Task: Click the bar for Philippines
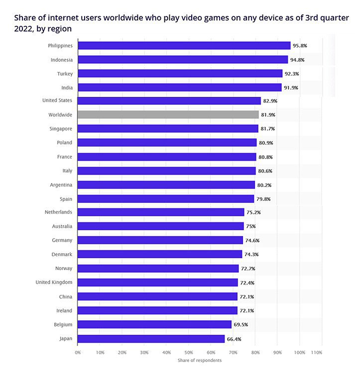[184, 46]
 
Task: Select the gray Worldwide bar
[168, 115]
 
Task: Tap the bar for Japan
[151, 339]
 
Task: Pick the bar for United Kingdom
[158, 282]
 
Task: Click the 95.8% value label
[300, 46]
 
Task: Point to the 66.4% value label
[234, 339]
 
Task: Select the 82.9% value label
[270, 101]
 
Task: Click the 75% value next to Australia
[250, 226]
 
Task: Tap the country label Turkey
[65, 74]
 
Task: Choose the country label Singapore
[61, 128]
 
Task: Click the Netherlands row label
[58, 212]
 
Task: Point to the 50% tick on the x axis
[189, 352]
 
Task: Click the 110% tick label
[317, 352]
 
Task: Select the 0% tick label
[78, 352]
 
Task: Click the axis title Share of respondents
[200, 360]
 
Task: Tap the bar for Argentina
[166, 185]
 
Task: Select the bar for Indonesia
[183, 60]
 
